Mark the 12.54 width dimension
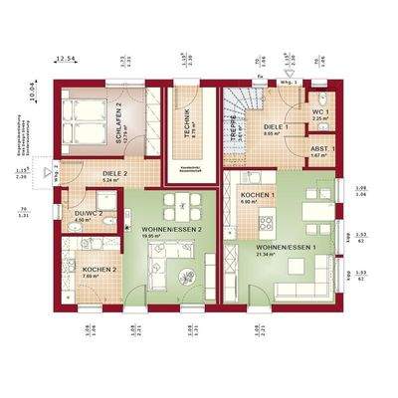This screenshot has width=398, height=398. tap(67, 61)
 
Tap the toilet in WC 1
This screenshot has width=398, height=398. tap(319, 97)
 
